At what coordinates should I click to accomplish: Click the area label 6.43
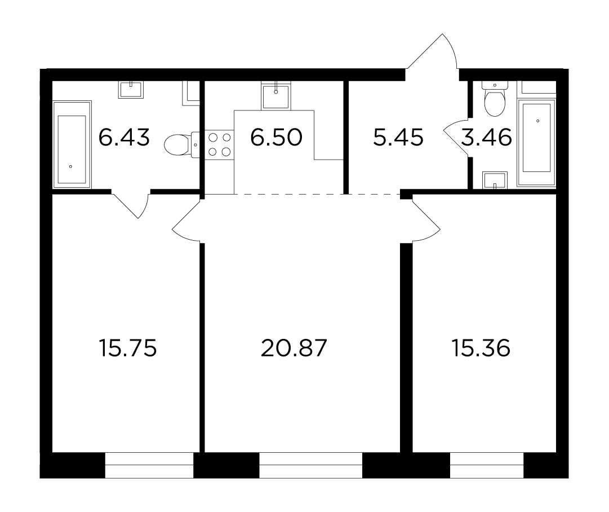pos(124,138)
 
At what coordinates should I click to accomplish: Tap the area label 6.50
pos(276,138)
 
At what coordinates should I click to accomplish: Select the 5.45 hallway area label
pos(398,138)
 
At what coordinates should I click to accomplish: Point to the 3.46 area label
pos(486,138)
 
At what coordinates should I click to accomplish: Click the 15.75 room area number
pos(128,348)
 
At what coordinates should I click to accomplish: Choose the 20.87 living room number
pos(294,348)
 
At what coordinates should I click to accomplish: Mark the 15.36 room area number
pos(481,348)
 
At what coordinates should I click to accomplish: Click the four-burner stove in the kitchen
pos(220,144)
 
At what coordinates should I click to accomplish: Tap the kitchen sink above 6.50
pos(275,95)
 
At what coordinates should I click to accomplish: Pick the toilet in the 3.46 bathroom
pos(495,99)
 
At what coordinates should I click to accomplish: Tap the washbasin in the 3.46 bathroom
pos(495,180)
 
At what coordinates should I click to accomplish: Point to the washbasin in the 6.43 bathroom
pos(131,90)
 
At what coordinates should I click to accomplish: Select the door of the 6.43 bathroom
pos(130,204)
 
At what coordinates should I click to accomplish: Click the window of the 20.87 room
pos(311,465)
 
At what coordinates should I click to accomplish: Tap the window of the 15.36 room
pos(487,465)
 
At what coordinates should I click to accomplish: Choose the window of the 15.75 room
pos(149,465)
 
